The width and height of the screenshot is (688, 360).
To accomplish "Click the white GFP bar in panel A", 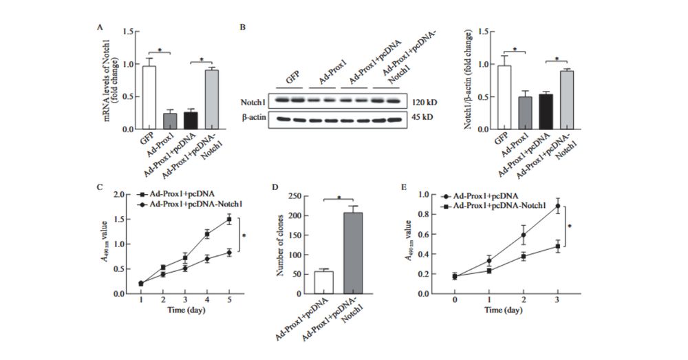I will tap(149, 98).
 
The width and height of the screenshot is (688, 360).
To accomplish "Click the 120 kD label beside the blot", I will tap(424, 102).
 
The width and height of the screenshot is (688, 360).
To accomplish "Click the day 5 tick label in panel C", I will tap(228, 301).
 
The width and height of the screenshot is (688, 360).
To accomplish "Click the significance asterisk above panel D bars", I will tap(339, 198).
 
